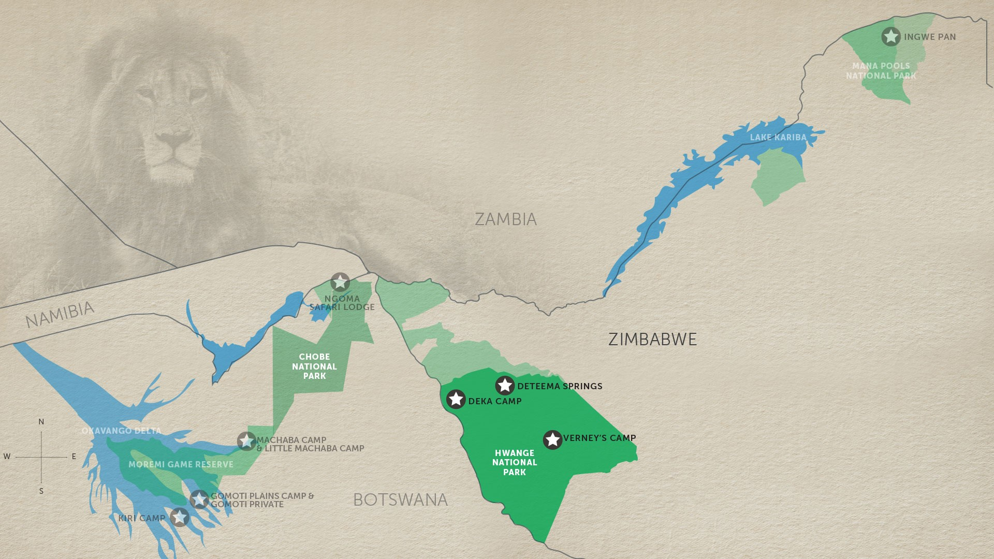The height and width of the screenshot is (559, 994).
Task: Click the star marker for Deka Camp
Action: tap(456, 399)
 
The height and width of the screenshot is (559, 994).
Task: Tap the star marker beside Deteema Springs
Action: tap(505, 386)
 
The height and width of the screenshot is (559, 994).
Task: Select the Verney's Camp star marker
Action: tap(552, 439)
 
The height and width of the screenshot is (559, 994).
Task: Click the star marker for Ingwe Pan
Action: tap(891, 37)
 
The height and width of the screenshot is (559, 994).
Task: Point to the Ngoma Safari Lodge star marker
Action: tap(340, 283)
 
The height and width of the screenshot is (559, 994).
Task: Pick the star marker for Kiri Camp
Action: tap(180, 517)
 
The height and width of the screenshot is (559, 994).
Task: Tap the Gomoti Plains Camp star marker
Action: tap(199, 499)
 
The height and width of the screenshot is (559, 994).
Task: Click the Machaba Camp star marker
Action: tap(246, 442)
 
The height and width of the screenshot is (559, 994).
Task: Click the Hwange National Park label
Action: tap(514, 462)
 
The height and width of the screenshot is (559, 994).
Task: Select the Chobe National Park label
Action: tap(314, 366)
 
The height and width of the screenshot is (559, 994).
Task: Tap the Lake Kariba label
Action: tap(778, 137)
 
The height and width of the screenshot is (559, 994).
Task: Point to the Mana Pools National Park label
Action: tap(881, 71)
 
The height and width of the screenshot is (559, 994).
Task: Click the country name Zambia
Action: tap(506, 219)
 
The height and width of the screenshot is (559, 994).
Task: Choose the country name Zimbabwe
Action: tap(652, 340)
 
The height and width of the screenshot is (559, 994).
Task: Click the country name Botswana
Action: tap(400, 500)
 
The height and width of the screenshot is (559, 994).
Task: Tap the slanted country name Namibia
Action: tap(60, 315)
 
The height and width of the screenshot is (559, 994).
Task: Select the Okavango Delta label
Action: tap(121, 431)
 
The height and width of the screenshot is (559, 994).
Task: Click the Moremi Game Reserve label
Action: tap(181, 464)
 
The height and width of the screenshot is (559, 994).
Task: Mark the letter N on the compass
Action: tap(41, 422)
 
